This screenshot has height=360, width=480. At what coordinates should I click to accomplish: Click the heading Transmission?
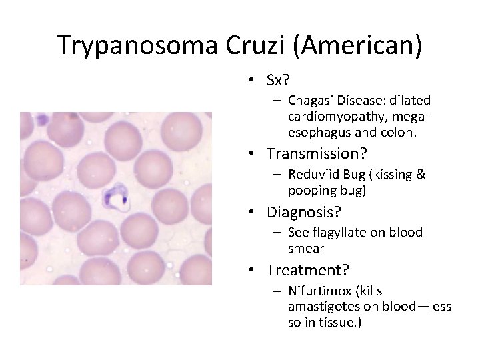[317, 154]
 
